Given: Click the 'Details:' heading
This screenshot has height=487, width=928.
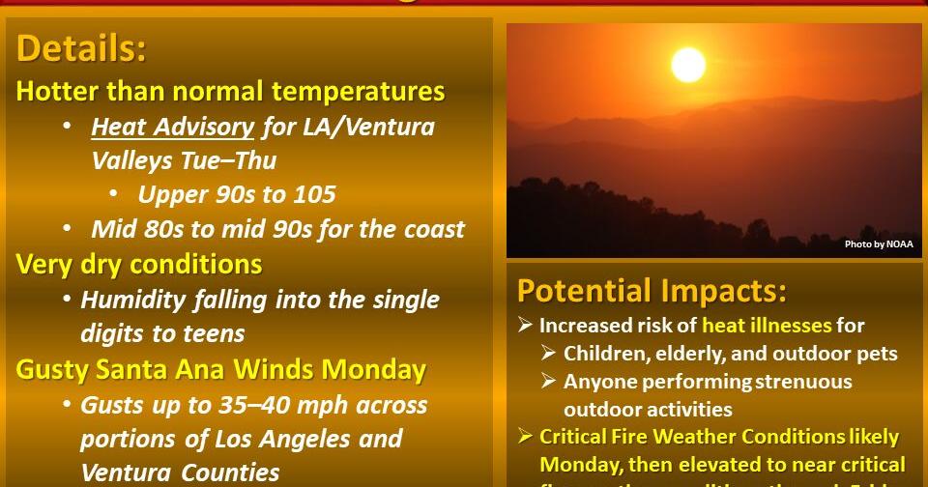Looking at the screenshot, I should pos(81,48).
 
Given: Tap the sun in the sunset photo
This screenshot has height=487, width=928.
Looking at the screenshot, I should pos(688,66).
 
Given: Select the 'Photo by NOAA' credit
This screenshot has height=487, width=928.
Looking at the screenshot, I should pos(878,244).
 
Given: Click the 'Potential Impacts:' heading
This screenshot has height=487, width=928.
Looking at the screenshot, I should pos(652,290).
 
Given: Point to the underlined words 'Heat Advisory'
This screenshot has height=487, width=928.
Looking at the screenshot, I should pos(173,127).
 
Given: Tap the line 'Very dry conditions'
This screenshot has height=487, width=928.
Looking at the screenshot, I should pos(139,264).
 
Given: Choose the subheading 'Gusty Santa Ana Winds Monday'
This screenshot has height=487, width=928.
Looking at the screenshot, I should pos(220,369).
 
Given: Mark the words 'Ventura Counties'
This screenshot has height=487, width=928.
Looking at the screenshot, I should pos(180,473).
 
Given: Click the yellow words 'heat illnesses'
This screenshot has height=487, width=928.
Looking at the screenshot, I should pos(767,326).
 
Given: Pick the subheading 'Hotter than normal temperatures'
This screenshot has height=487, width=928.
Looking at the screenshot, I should pos(230,92).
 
